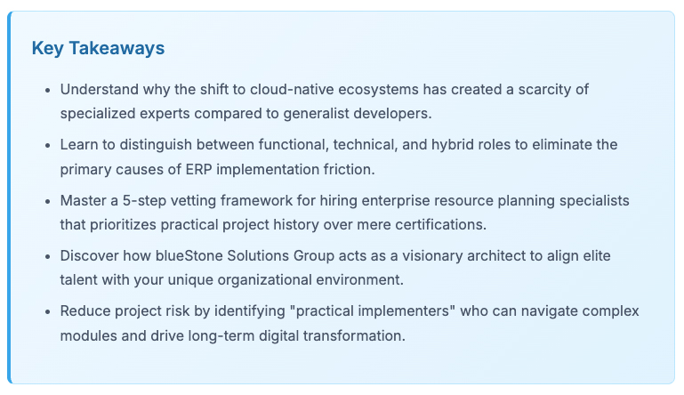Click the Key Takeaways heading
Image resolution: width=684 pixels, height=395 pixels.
point(98,48)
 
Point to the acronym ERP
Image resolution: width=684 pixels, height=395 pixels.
point(198,169)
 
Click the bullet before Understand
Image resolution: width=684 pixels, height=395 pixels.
point(47,91)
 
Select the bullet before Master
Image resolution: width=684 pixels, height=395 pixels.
point(47,201)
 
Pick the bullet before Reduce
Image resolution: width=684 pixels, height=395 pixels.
point(47,312)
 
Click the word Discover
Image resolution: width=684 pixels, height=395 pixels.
point(89,255)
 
